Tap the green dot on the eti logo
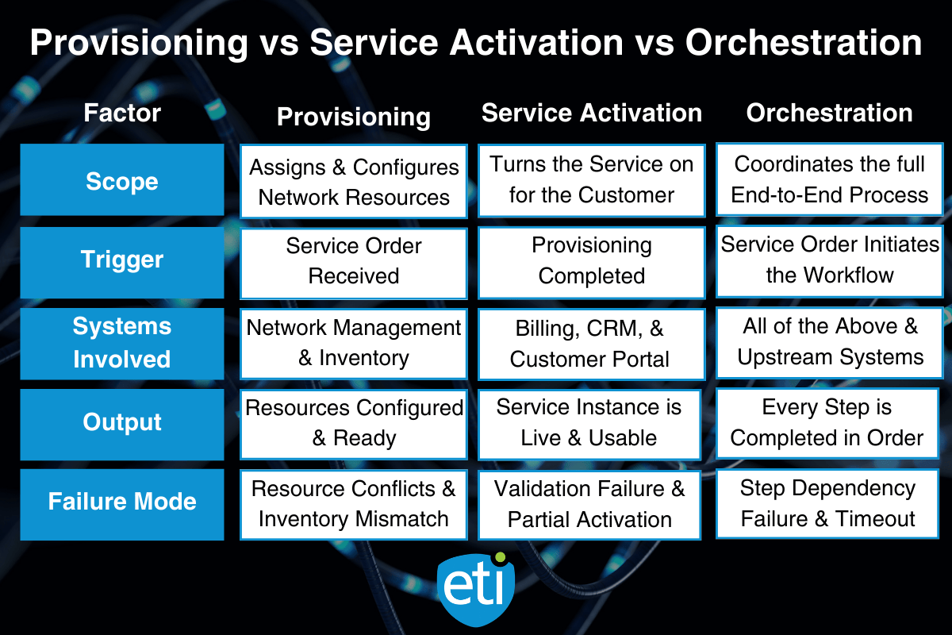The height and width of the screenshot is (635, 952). [x=500, y=558]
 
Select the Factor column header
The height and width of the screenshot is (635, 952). [x=122, y=113]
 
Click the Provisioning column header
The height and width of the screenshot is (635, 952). [x=353, y=117]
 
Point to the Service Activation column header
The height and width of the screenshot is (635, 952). [x=591, y=113]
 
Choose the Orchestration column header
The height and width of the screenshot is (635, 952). [x=829, y=113]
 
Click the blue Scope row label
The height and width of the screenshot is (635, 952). [x=122, y=180]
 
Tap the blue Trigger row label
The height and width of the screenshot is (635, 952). [x=122, y=260]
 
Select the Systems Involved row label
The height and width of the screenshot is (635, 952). [x=122, y=342]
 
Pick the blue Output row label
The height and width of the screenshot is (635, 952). [x=122, y=422]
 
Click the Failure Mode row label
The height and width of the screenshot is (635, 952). [x=122, y=502]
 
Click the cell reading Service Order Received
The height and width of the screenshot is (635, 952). [x=353, y=261]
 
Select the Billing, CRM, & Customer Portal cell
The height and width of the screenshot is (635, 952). [x=591, y=343]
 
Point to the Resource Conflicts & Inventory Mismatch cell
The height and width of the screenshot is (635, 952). [x=353, y=503]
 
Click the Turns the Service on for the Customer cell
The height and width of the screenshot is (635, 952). [x=591, y=180]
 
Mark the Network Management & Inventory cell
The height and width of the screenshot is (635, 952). [x=353, y=343]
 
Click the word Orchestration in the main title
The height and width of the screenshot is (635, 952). [x=803, y=42]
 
